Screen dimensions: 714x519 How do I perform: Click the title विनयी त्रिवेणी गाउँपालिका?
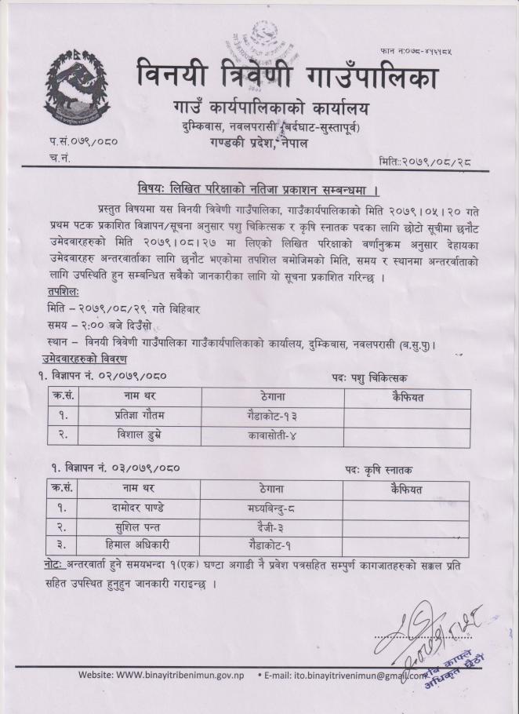tap(287, 77)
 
